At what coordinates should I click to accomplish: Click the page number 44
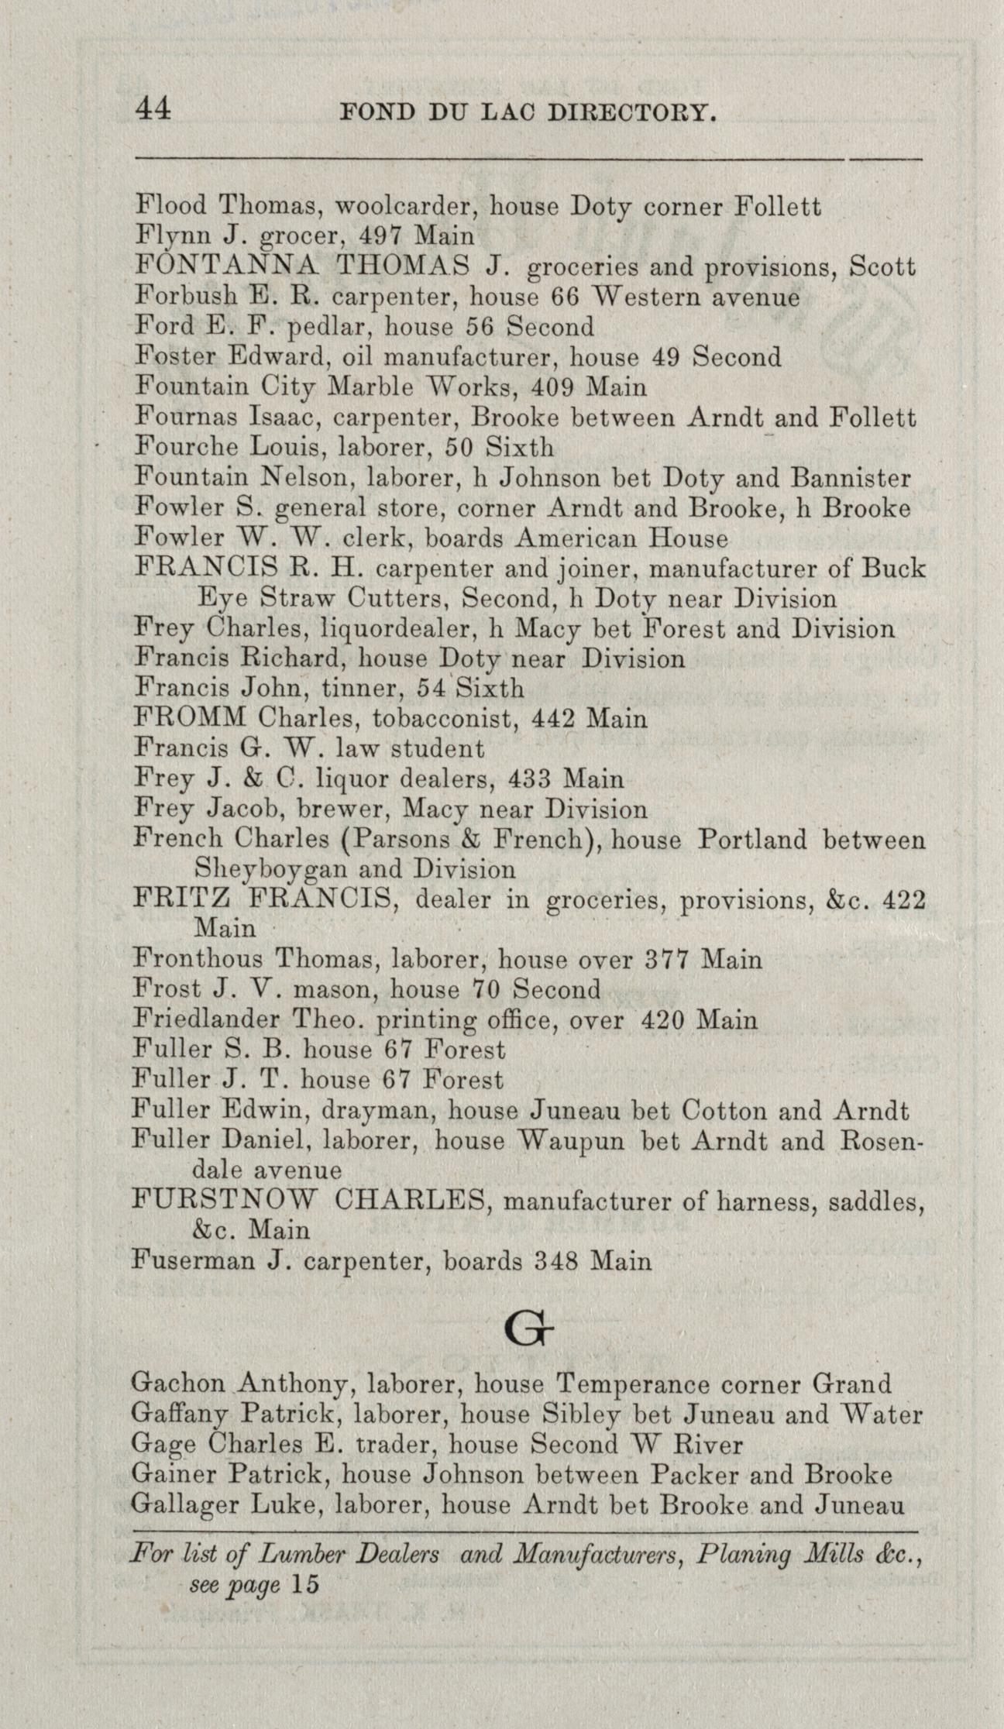[x=153, y=109]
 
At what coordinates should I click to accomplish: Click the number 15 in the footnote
[x=305, y=1584]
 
